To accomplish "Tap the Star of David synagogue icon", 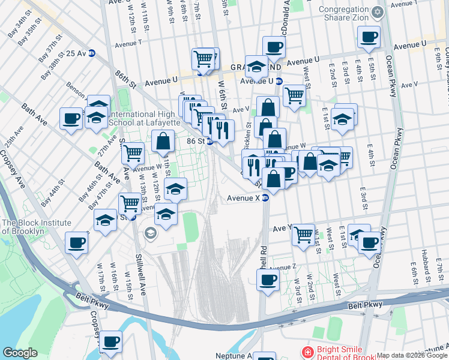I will pos(378,12).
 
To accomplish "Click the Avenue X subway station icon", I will pos(265,199).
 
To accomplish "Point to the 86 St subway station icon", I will pos(209,142).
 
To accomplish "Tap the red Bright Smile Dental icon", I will pos(307,352).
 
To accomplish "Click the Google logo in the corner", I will pos(20,353).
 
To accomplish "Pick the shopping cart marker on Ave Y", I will pos(304,234).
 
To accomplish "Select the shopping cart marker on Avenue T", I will pos(204,59).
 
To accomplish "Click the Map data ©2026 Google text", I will pos(412,355).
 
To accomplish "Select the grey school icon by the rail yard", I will pos(150,233).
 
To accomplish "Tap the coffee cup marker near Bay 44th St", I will pos(76,243).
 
